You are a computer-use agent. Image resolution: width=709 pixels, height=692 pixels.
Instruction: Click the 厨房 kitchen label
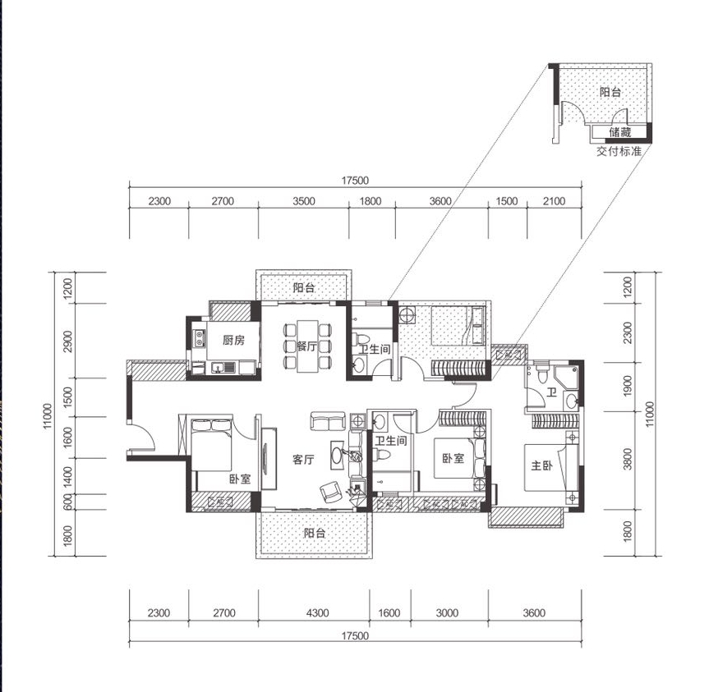point(233,340)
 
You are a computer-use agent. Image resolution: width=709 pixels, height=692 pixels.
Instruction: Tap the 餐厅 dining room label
point(306,346)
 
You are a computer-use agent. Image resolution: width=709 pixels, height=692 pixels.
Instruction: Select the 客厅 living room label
point(303,460)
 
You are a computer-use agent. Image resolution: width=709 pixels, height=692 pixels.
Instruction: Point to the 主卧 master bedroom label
point(541,465)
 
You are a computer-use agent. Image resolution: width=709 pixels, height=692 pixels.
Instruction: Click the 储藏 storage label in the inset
point(619,132)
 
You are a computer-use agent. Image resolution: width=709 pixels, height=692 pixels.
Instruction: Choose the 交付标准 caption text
point(619,151)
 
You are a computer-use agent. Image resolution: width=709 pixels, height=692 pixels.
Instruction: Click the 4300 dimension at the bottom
point(317,613)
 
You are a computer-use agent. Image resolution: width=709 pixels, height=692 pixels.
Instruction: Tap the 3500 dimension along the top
point(303,201)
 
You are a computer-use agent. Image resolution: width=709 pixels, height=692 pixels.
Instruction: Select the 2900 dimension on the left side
point(68,341)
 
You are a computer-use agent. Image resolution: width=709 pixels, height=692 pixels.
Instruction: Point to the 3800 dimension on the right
point(628,459)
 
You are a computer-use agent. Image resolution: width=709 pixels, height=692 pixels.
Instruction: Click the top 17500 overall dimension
point(355,181)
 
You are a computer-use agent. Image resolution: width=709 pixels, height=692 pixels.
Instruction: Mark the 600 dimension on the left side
point(68,502)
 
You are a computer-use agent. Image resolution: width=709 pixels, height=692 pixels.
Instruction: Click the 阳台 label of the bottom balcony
point(315,533)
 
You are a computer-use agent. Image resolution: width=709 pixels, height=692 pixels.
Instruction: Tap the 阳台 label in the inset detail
point(610,92)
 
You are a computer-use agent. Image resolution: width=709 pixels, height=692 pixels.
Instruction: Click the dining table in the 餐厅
point(308,346)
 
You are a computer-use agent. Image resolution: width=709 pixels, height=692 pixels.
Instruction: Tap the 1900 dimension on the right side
point(628,386)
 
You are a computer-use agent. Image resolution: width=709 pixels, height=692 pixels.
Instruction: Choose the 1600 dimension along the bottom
point(389,613)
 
